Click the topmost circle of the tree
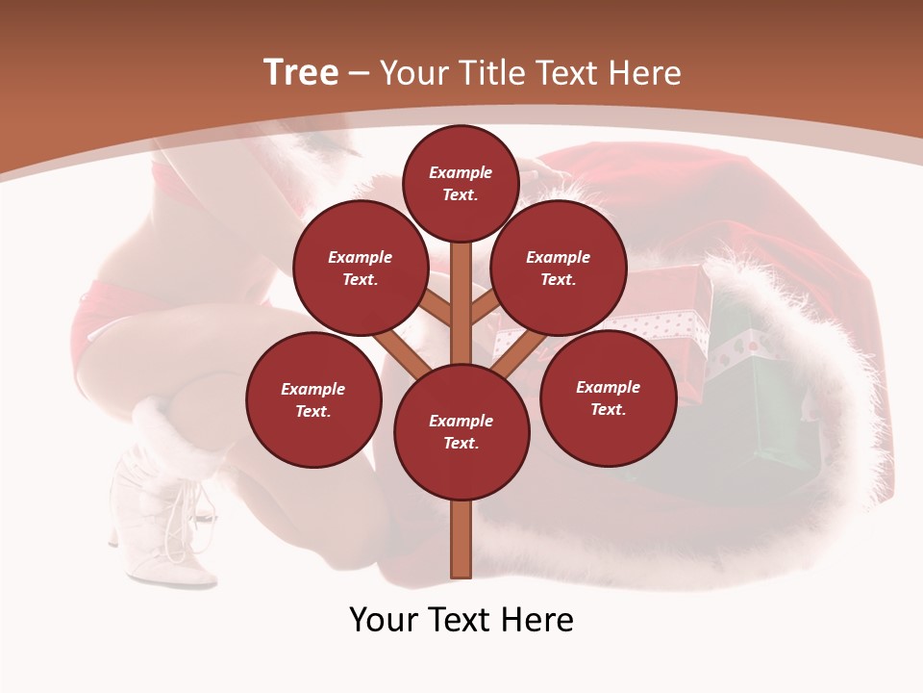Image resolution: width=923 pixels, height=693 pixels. coord(461,183)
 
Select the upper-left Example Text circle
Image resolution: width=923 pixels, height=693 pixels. coord(361,269)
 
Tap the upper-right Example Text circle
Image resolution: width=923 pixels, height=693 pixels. coord(559,269)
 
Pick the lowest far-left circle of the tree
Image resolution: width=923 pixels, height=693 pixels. coord(313,399)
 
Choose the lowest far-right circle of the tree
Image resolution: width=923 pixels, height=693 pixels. coord(608,398)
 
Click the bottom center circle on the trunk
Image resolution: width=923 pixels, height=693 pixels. coord(461,432)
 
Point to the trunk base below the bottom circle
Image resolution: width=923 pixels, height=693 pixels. coord(461,539)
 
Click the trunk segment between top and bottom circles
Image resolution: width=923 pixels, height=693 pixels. coord(461,303)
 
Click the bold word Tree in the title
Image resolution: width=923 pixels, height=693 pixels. coord(301,72)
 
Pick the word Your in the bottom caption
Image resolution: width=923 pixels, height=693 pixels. coord(383,620)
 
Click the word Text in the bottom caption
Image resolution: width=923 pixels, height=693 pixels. coord(460,620)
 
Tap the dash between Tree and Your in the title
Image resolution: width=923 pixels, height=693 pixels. coord(359,74)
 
